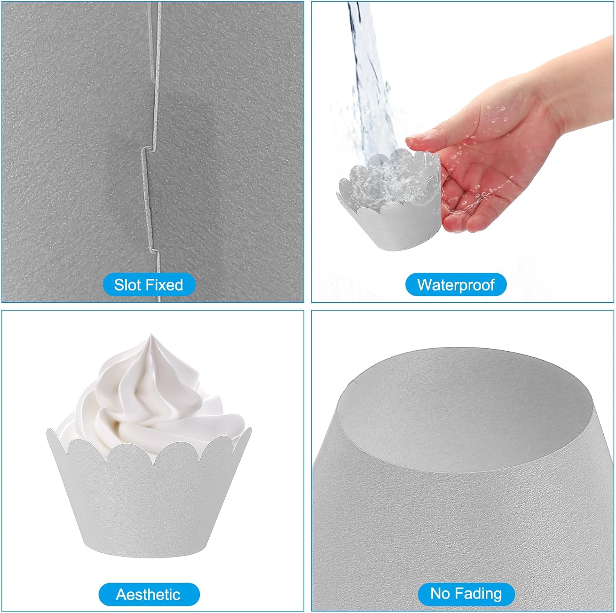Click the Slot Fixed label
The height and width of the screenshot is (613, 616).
[148, 285]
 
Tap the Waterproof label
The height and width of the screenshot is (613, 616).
[456, 284]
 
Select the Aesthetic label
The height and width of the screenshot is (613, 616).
[149, 594]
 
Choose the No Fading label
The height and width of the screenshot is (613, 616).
[466, 594]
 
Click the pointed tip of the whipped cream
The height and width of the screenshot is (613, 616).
[151, 335]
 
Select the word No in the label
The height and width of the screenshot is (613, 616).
[440, 594]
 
